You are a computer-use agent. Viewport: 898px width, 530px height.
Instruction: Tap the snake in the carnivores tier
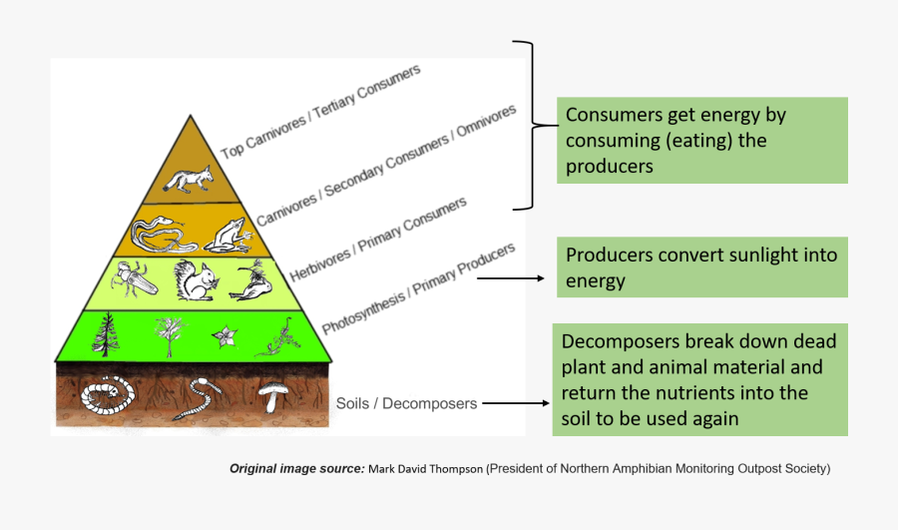[160, 236]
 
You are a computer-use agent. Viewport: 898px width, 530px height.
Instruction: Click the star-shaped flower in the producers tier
[224, 333]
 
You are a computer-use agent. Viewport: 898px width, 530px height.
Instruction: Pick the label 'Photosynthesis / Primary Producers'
[418, 288]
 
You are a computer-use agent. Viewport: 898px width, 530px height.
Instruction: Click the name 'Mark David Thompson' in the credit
[425, 468]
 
